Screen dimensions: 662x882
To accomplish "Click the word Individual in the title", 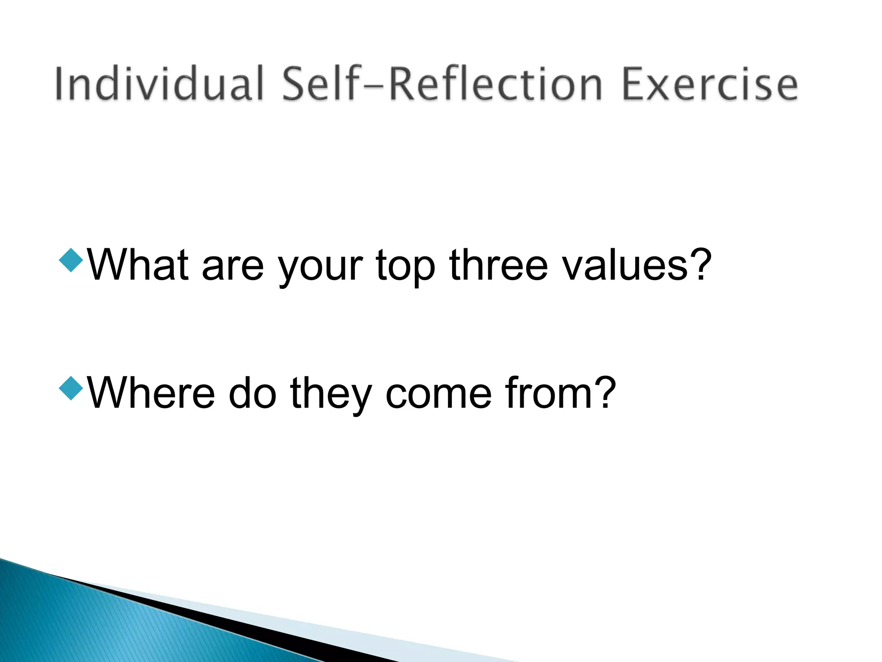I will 158,84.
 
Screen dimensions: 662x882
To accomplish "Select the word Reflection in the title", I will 495,84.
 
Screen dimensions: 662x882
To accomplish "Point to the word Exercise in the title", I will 710,84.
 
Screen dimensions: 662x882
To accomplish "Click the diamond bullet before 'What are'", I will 71,260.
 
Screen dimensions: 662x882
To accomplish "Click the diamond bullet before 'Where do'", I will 71,387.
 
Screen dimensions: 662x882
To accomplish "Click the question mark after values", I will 698,264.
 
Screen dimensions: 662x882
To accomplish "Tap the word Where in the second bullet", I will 151,393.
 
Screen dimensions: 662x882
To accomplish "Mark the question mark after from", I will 603,391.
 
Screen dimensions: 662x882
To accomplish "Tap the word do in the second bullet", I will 252,393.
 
